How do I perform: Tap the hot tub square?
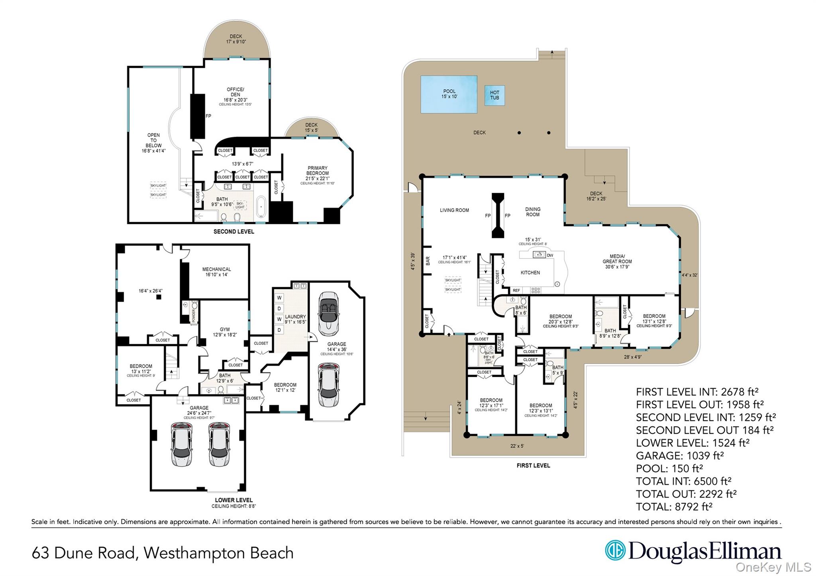[494, 96]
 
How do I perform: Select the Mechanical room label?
[216, 272]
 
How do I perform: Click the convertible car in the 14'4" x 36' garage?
[329, 313]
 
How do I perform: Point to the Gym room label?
[225, 332]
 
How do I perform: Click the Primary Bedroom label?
[317, 173]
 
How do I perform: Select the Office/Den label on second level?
[235, 94]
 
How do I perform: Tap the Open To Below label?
[153, 143]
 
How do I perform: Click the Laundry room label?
[295, 319]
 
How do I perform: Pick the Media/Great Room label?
[617, 261]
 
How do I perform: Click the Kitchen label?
[530, 273]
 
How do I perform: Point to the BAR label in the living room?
[428, 261]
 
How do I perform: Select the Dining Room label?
[533, 212]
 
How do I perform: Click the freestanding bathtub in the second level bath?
[261, 206]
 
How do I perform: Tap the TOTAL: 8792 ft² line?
[674, 507]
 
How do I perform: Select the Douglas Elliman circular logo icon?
[615, 551]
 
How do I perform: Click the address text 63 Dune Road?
[84, 553]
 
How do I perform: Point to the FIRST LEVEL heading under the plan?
[533, 465]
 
